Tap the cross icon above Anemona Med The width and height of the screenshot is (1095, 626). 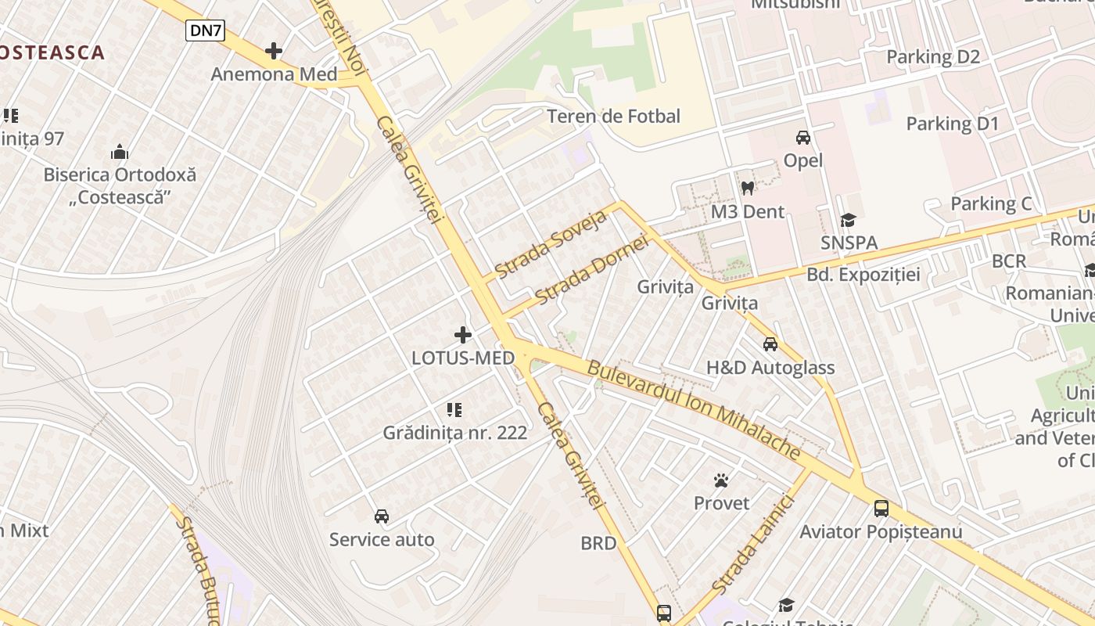coord(273,52)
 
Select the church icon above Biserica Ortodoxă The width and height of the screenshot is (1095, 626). coord(120,152)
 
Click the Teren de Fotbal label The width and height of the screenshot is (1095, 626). coord(614,117)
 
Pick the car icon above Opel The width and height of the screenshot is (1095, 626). coord(803,138)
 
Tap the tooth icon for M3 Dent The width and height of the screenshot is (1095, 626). coord(747,189)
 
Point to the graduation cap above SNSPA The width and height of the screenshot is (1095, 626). coord(849,221)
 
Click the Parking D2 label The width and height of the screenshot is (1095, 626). coord(932,57)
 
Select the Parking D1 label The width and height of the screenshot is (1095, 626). coord(953,124)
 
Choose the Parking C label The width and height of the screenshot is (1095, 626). coord(991,204)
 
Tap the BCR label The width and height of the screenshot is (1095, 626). coord(1008,261)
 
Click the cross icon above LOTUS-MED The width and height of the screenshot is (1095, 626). coord(463,336)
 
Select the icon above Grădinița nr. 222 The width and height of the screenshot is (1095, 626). coord(454,410)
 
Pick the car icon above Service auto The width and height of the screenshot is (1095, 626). coord(382,516)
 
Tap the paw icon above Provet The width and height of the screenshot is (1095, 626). coord(721,480)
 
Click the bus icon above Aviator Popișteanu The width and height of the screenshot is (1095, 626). coord(881,509)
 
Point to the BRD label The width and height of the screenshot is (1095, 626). coord(598,543)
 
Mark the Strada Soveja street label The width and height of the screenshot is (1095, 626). coord(551,244)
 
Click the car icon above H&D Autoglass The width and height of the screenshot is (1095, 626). coord(770,344)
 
